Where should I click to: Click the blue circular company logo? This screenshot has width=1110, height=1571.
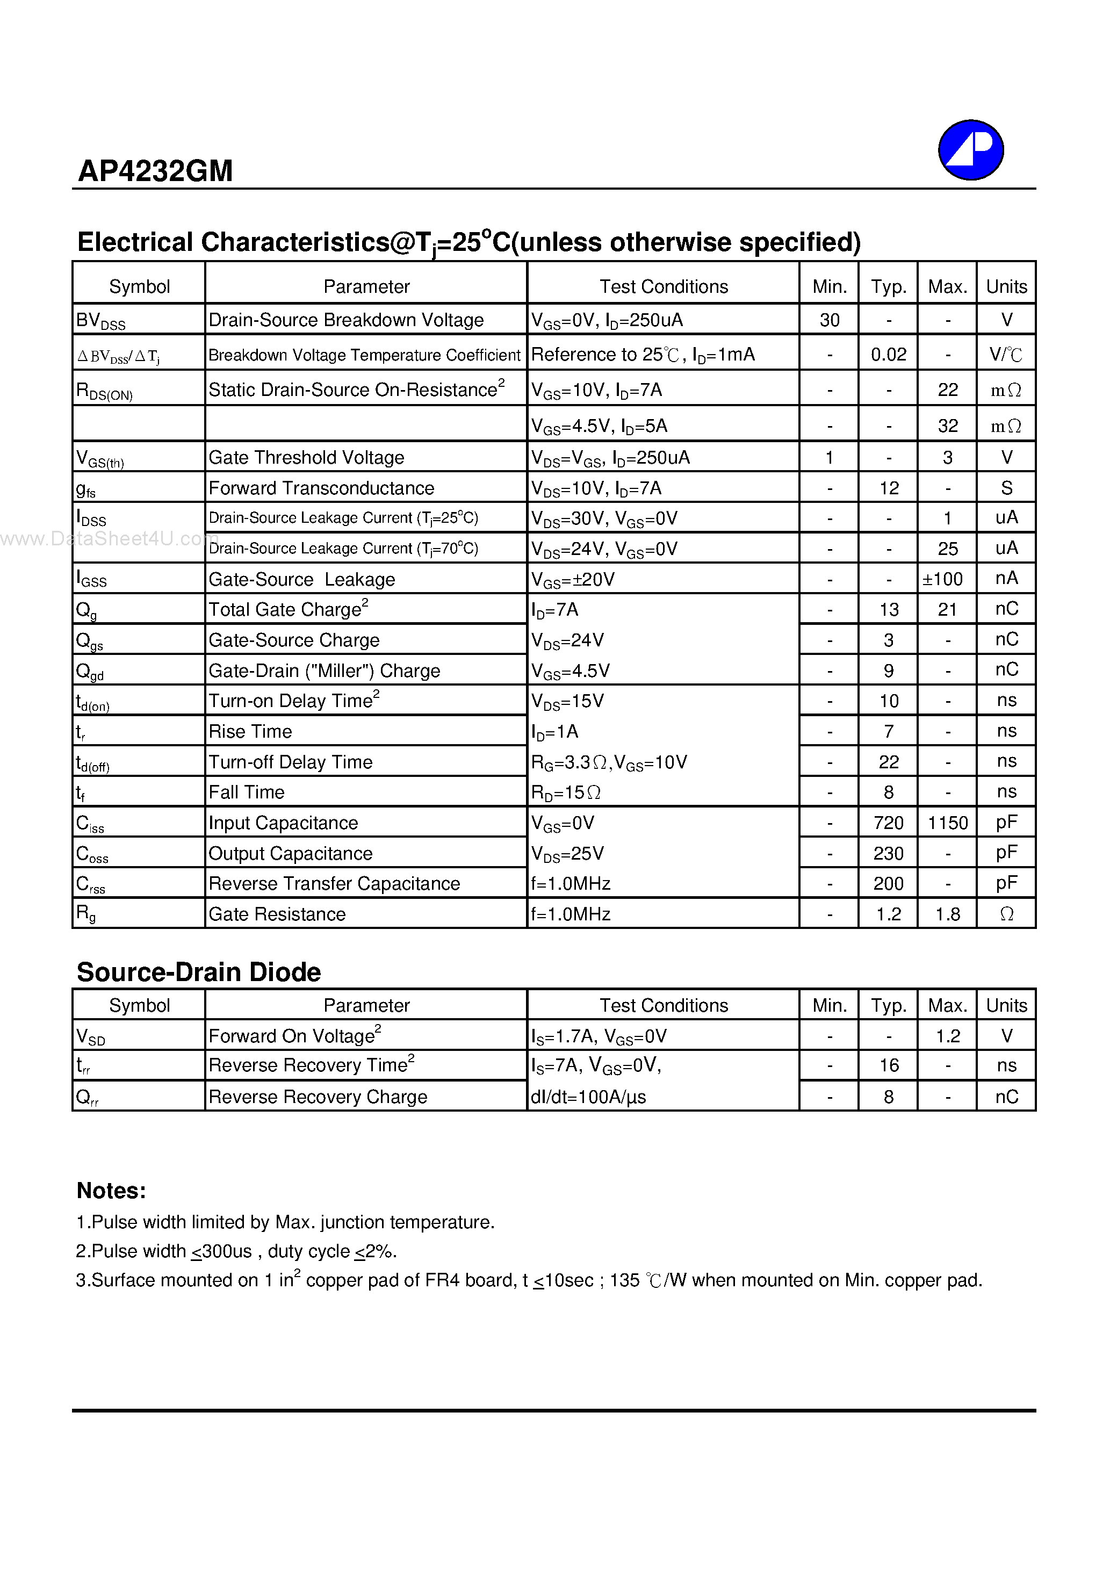tap(970, 150)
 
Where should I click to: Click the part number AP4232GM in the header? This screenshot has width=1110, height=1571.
tap(155, 170)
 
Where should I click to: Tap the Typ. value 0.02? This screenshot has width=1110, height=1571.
tap(888, 355)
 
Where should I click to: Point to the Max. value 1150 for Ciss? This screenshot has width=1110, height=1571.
tap(947, 823)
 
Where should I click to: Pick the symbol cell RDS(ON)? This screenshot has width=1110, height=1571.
tap(104, 391)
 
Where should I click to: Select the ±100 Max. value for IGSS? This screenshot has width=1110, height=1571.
tap(942, 579)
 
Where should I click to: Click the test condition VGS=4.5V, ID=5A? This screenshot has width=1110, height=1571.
tap(599, 426)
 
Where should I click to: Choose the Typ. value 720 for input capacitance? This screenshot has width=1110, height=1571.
tap(888, 823)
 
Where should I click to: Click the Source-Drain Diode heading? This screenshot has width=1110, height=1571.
tap(198, 971)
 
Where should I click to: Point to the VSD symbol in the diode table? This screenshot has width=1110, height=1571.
tap(90, 1036)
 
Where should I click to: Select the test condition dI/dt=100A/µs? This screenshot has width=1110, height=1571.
tap(588, 1097)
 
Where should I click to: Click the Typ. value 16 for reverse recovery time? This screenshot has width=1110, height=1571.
tap(888, 1065)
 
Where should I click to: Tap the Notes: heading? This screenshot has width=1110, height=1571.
tap(111, 1191)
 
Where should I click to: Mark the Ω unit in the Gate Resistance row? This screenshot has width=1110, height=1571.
tap(1006, 914)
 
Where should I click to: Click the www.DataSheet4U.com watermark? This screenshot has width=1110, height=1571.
tap(110, 538)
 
